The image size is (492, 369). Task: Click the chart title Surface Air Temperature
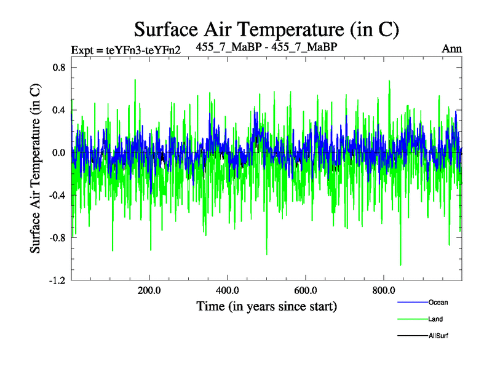click(x=267, y=29)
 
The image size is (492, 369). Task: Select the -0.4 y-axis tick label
click(x=57, y=195)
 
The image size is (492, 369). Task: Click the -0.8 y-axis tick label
click(x=57, y=237)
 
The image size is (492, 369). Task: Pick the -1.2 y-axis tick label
click(x=57, y=280)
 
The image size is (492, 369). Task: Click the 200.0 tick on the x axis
click(x=149, y=290)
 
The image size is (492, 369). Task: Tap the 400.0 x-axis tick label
click(x=228, y=290)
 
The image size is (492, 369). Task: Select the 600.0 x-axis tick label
click(x=306, y=290)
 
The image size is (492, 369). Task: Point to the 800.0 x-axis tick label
click(x=384, y=290)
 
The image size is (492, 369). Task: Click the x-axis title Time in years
click(x=266, y=306)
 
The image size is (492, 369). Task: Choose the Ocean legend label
click(x=438, y=302)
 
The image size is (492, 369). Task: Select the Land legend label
click(x=435, y=319)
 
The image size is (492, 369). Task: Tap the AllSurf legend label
click(x=439, y=336)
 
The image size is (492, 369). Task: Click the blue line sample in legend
click(x=412, y=302)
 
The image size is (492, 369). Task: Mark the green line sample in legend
click(x=412, y=319)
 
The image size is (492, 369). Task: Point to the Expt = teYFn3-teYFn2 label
click(x=125, y=49)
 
